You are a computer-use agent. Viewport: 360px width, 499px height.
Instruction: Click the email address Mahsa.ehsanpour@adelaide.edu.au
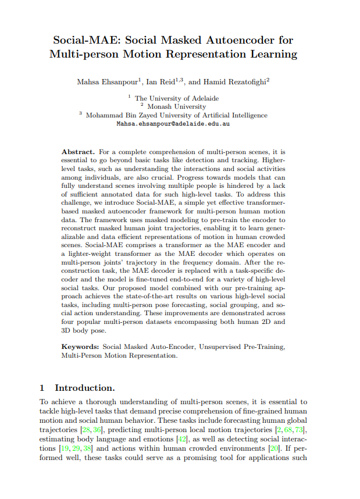[x=173, y=124]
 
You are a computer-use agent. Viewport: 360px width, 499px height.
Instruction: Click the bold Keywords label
[x=80, y=347]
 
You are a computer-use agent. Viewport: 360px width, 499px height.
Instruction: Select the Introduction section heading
[x=85, y=388]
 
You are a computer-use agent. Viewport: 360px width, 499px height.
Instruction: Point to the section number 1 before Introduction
[x=42, y=388]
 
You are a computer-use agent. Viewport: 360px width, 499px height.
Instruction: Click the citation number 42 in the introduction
[x=182, y=439]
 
